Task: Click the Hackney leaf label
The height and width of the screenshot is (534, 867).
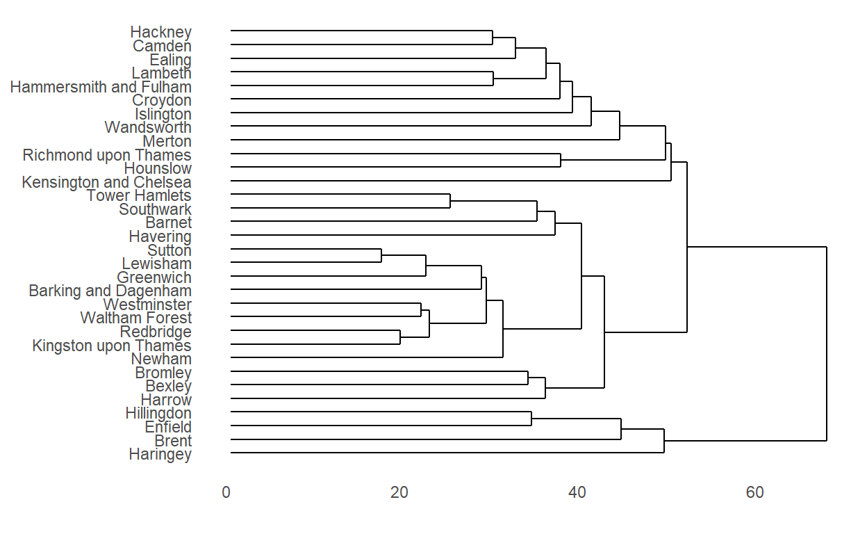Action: pyautogui.click(x=160, y=32)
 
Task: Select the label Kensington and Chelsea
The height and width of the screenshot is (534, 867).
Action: pyautogui.click(x=106, y=182)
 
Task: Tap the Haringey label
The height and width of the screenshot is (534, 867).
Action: pyautogui.click(x=160, y=455)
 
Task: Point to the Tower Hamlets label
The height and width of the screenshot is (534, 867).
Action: pyautogui.click(x=139, y=195)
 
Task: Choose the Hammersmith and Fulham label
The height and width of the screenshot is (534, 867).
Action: pyautogui.click(x=101, y=87)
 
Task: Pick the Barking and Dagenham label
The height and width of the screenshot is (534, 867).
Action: pyautogui.click(x=110, y=291)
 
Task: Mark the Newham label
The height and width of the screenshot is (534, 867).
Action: pyautogui.click(x=161, y=359)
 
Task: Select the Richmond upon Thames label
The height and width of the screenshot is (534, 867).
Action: pyautogui.click(x=107, y=155)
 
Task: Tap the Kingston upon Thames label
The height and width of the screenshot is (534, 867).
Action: pyautogui.click(x=111, y=346)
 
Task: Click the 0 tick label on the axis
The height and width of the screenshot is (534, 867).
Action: pyautogui.click(x=226, y=493)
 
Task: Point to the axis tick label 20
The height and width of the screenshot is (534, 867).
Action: pyautogui.click(x=399, y=493)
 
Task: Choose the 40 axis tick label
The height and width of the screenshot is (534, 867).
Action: pyautogui.click(x=577, y=493)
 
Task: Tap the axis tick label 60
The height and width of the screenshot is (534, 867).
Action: pyautogui.click(x=754, y=493)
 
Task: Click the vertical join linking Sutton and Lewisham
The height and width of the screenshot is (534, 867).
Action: pyautogui.click(x=381, y=256)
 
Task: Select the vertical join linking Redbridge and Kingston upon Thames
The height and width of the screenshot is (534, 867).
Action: pyautogui.click(x=400, y=337)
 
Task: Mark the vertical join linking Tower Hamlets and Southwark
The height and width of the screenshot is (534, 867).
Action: pyautogui.click(x=450, y=201)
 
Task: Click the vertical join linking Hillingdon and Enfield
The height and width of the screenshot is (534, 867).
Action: pyautogui.click(x=531, y=419)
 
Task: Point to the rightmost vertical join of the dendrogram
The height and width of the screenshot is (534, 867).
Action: pyautogui.click(x=827, y=343)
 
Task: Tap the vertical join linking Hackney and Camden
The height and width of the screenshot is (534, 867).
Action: pyautogui.click(x=493, y=38)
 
